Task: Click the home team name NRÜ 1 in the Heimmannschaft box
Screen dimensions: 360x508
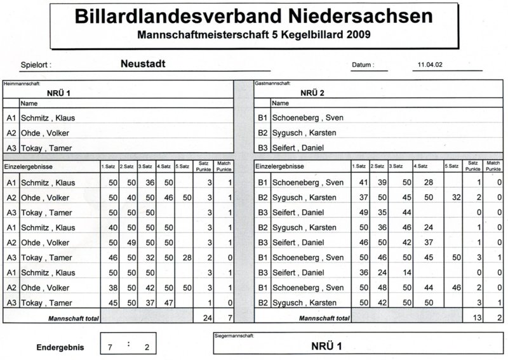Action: pyautogui.click(x=59, y=93)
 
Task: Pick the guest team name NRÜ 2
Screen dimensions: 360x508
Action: pyautogui.click(x=312, y=93)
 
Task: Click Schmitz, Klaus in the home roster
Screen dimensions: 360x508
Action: pyautogui.click(x=48, y=118)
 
